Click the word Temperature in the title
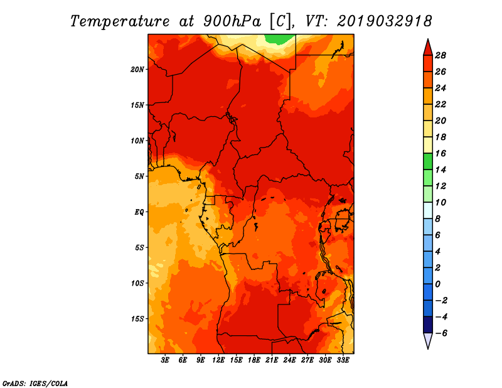120,21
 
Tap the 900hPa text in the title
232,21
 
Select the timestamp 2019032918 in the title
384,21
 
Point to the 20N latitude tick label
137,70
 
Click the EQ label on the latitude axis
139,212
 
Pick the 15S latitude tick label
137,319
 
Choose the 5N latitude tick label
139,176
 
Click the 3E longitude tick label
165,360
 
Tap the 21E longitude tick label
272,360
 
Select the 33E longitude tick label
343,360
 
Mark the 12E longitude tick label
218,360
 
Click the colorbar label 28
441,55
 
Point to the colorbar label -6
441,333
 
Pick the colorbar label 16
441,153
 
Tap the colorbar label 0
437,284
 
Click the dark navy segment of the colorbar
428,325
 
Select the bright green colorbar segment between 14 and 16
428,161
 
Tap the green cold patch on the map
279,39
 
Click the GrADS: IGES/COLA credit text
35,384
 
